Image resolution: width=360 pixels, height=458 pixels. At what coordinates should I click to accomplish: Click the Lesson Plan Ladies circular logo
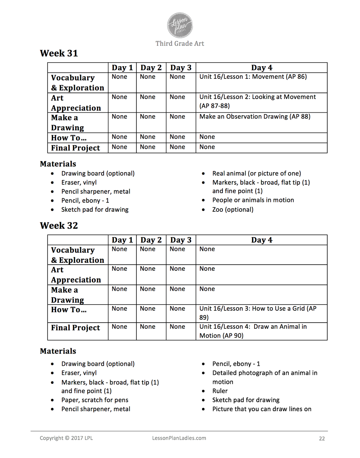pyautogui.click(x=180, y=25)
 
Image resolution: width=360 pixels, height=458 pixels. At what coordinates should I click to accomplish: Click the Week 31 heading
pyautogui.click(x=59, y=53)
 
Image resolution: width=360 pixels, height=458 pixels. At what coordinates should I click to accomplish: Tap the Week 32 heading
pyautogui.click(x=59, y=226)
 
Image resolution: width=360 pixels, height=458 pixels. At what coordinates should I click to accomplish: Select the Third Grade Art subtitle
pyautogui.click(x=180, y=44)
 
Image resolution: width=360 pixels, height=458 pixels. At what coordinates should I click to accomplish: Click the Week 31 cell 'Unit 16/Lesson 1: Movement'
pyautogui.click(x=253, y=77)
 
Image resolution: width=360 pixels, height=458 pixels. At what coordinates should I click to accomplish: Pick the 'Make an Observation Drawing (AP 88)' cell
pyautogui.click(x=255, y=117)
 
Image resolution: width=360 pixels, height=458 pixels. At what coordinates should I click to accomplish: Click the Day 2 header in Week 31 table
pyautogui.click(x=151, y=68)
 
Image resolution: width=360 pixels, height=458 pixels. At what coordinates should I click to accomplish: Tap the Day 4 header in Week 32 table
pyautogui.click(x=262, y=240)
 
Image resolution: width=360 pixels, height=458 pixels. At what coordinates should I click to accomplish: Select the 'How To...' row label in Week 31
pyautogui.click(x=69, y=138)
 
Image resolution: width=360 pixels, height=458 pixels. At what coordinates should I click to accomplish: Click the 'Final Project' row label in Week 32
pyautogui.click(x=76, y=328)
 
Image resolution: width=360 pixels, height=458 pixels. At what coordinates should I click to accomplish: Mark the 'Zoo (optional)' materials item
pyautogui.click(x=233, y=210)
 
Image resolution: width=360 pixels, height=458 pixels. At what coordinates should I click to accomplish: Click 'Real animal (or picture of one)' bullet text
pyautogui.click(x=256, y=174)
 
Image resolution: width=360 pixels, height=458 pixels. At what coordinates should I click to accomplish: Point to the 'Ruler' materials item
pyautogui.click(x=220, y=391)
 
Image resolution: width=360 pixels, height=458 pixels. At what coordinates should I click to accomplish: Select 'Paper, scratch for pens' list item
pyautogui.click(x=95, y=400)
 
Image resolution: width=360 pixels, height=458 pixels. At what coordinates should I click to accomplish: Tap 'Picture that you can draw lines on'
pyautogui.click(x=262, y=409)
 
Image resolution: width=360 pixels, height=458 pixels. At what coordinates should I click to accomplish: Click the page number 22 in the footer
pyautogui.click(x=322, y=439)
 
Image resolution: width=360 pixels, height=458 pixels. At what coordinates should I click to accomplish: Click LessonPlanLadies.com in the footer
pyautogui.click(x=179, y=438)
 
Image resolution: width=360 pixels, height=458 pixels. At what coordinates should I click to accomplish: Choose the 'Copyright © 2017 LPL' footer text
pyautogui.click(x=66, y=438)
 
